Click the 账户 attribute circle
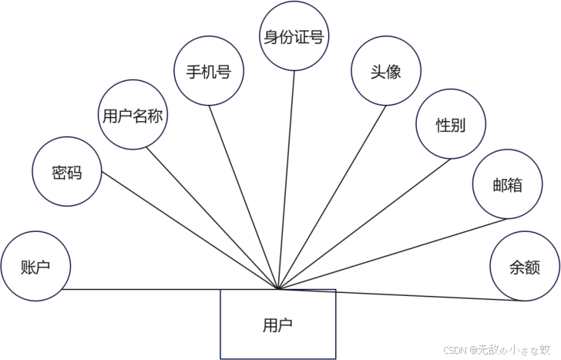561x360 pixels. pyautogui.click(x=36, y=267)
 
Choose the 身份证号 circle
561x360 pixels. pyautogui.click(x=293, y=35)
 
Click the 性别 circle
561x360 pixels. pyautogui.click(x=450, y=125)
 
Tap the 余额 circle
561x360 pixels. pyautogui.click(x=524, y=267)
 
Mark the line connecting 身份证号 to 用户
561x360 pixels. pyautogui.click(x=287, y=177)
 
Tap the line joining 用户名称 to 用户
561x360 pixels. pyautogui.click(x=211, y=217)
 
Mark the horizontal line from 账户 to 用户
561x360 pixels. pyautogui.click(x=170, y=289)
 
